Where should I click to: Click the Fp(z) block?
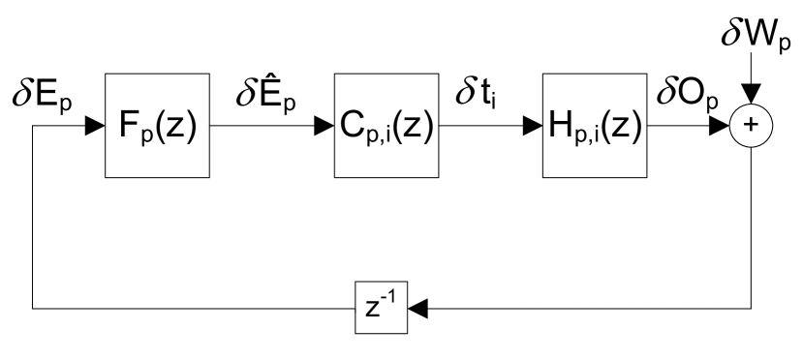pyautogui.click(x=156, y=126)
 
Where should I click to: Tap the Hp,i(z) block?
pyautogui.click(x=594, y=126)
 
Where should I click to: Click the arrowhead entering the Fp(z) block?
pyautogui.click(x=96, y=126)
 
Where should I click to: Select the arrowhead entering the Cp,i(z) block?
pyautogui.click(x=325, y=126)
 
